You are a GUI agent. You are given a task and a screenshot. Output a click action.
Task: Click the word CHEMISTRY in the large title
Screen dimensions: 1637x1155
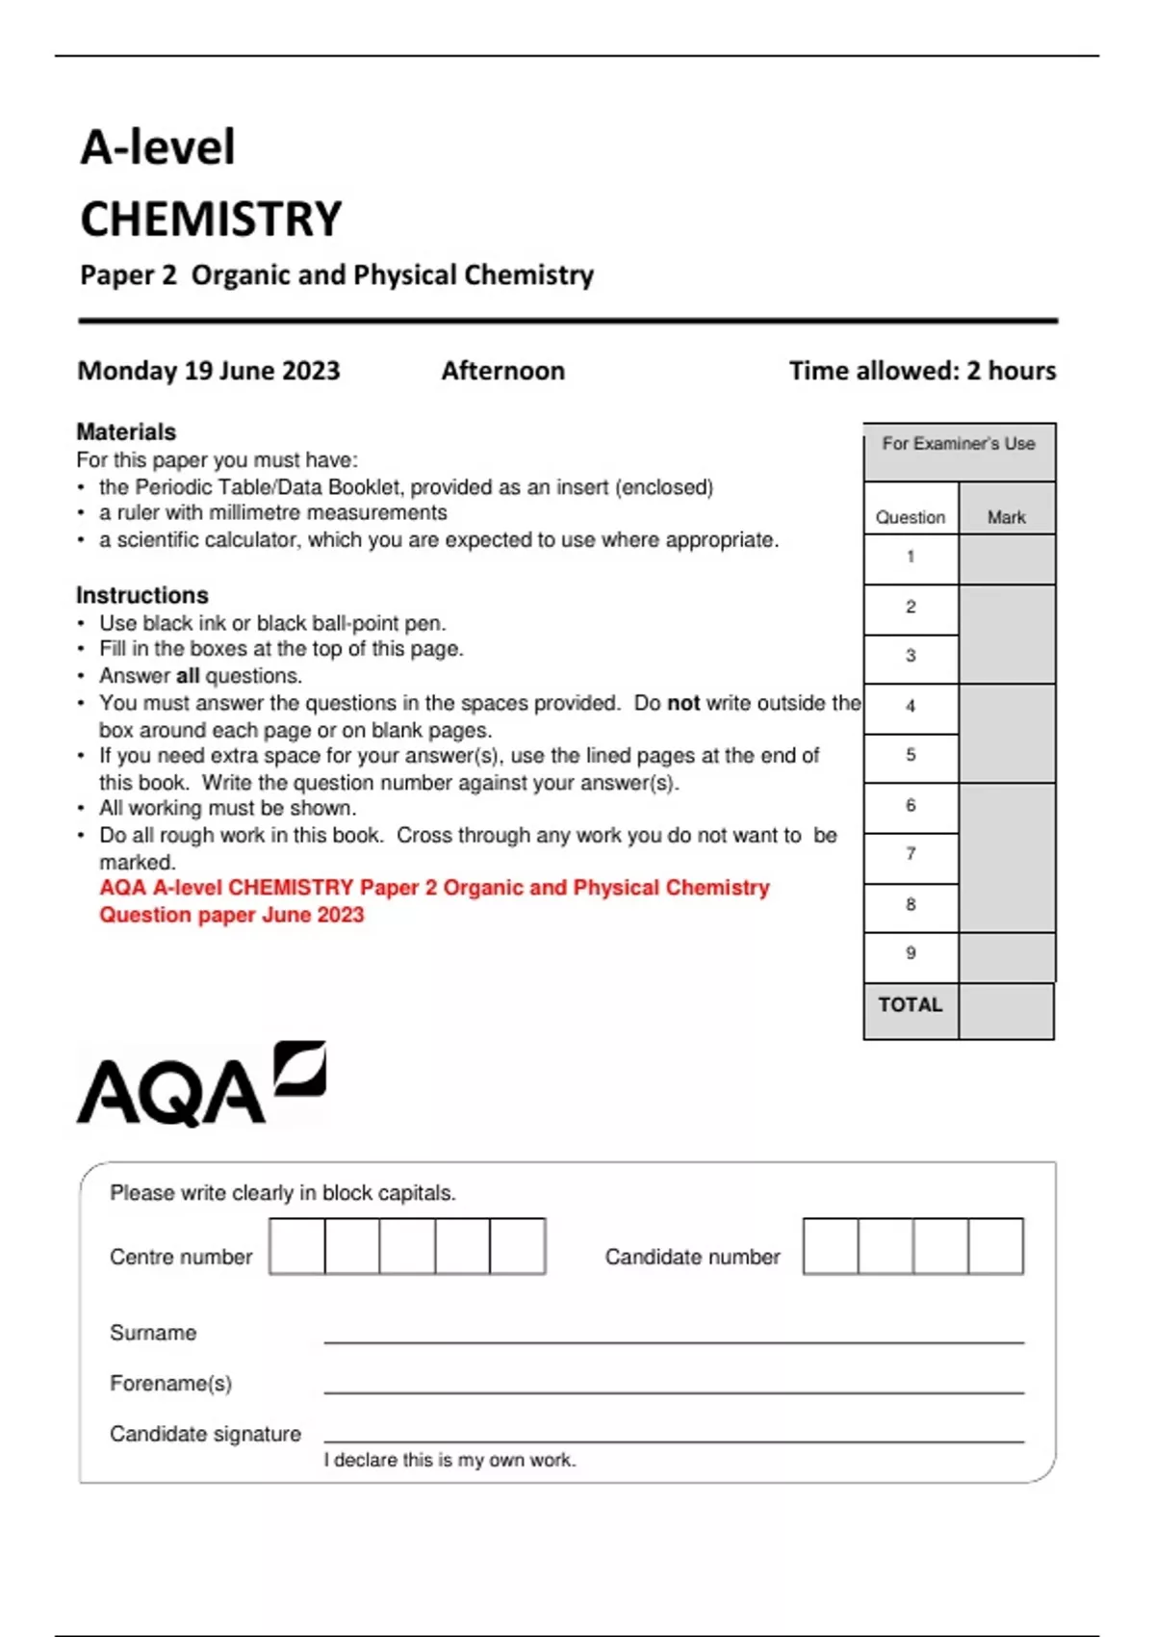tap(211, 220)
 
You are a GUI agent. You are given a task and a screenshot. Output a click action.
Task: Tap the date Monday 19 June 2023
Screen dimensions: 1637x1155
tap(209, 371)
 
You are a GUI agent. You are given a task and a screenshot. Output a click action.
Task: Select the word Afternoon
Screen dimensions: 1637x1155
tap(502, 371)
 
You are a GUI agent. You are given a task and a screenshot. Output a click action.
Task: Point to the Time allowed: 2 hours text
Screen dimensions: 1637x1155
tap(922, 371)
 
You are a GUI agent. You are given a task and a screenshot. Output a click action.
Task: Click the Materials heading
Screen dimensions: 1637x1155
tap(126, 431)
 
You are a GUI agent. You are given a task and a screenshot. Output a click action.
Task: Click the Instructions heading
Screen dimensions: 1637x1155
tap(142, 595)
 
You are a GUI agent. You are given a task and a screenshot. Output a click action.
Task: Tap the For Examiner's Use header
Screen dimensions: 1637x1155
tap(959, 444)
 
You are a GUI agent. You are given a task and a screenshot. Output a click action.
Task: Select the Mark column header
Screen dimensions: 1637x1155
tap(1006, 517)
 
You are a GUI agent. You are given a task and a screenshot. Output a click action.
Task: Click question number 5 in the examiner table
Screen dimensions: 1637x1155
tap(911, 755)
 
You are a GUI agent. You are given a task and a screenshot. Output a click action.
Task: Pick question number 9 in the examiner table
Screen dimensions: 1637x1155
tap(911, 953)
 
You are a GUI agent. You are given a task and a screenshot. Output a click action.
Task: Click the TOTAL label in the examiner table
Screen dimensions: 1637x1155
tap(911, 1005)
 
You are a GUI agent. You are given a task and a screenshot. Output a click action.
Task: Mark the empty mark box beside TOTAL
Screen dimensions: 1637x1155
tap(1006, 1011)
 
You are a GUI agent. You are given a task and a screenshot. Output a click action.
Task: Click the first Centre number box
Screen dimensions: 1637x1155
tap(297, 1246)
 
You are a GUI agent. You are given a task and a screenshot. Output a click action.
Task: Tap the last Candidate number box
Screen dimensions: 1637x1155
tap(995, 1246)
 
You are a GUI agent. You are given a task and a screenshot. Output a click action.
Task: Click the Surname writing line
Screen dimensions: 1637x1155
tap(674, 1334)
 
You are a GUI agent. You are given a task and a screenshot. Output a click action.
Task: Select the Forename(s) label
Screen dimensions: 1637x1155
tap(170, 1384)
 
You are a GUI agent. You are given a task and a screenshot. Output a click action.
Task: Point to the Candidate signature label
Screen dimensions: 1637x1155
tap(205, 1434)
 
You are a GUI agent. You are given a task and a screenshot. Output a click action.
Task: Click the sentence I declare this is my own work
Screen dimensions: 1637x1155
tap(449, 1460)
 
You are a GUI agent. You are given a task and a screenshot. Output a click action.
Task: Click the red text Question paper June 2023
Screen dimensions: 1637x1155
tap(232, 915)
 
